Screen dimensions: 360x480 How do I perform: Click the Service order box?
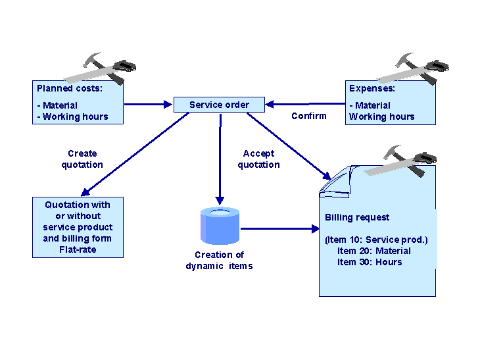(x=219, y=104)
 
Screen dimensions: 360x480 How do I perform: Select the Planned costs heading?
(x=70, y=88)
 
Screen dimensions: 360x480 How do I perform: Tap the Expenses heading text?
(x=372, y=88)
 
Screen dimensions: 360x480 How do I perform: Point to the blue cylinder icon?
(x=220, y=224)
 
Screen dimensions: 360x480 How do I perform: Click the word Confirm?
(x=308, y=116)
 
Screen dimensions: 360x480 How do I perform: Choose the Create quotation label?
(x=82, y=159)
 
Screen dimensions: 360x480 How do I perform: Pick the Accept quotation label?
(x=258, y=159)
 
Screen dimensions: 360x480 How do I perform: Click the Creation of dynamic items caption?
(x=219, y=261)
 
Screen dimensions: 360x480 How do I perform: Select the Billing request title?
(x=357, y=217)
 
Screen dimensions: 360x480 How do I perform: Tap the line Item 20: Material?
(x=373, y=251)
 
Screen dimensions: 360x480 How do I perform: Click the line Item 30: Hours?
(x=369, y=262)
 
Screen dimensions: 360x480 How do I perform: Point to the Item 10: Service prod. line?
(x=376, y=240)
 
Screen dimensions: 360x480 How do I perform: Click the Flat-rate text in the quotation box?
(x=78, y=249)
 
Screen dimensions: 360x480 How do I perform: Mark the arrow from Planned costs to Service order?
(x=149, y=104)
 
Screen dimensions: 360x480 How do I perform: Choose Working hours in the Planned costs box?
(x=72, y=116)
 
